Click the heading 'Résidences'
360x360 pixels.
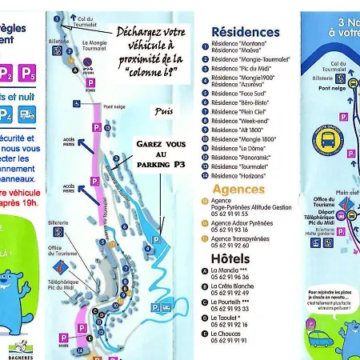[x=246, y=32]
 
